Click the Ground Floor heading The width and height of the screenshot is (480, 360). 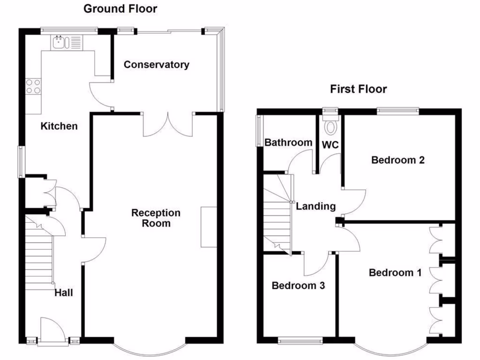(120, 8)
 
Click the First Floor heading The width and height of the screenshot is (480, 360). (359, 89)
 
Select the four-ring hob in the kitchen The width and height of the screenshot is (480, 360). (33, 86)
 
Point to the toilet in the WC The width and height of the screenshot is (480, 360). (331, 127)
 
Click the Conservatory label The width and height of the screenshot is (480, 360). (156, 65)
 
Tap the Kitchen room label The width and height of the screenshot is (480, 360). (59, 126)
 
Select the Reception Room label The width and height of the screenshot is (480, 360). (156, 218)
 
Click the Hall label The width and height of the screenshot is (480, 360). (64, 293)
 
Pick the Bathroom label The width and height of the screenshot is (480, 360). (288, 142)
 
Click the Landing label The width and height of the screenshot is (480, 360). (316, 206)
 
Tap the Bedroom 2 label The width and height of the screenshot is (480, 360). (398, 160)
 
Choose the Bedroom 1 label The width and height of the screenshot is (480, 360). (395, 272)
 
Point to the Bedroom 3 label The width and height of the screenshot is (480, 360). (299, 285)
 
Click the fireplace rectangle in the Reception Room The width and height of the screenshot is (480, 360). (209, 226)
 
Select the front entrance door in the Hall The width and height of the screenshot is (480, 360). (51, 330)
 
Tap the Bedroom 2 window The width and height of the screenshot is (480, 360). (398, 111)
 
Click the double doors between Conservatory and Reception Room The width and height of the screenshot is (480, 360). (168, 124)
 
